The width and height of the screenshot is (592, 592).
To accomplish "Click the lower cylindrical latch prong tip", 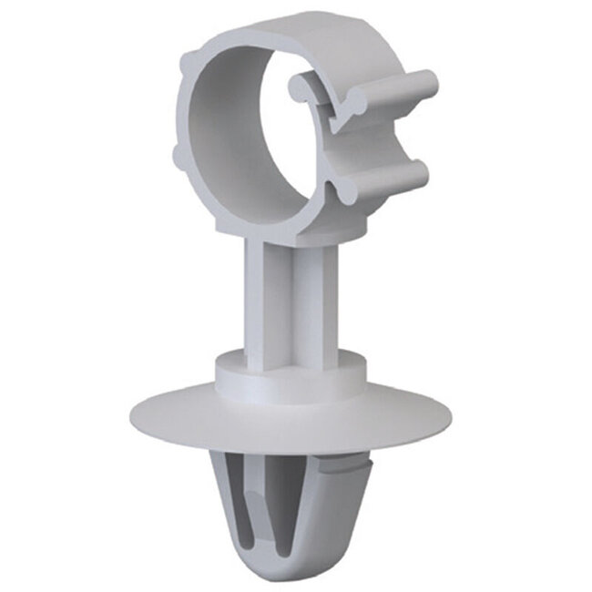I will coord(419,174).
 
